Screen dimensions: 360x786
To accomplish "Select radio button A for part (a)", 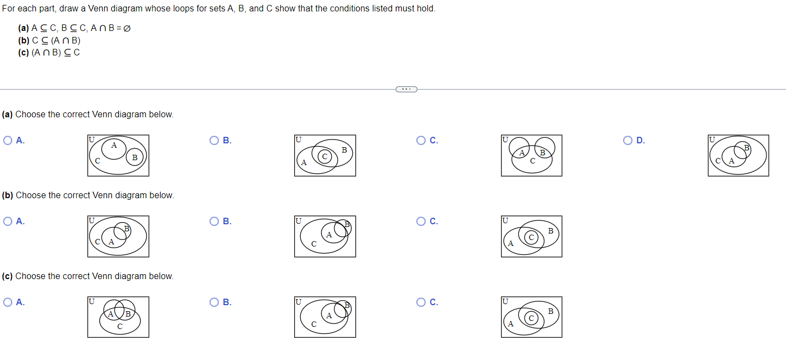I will point(8,140).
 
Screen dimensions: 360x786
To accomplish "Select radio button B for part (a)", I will point(214,140).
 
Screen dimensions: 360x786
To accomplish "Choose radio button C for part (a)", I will point(421,140).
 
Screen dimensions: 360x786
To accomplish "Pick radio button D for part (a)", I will point(628,140).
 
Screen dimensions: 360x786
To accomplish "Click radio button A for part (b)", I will point(8,221).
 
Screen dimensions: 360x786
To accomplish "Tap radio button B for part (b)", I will point(214,221).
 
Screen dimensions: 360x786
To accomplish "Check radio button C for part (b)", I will point(421,221).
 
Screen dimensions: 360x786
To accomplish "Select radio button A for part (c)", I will point(8,302).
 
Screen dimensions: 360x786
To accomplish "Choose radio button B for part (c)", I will point(214,302).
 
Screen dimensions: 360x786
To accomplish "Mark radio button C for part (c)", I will point(421,302).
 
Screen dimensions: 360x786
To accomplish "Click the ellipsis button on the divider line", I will point(406,89).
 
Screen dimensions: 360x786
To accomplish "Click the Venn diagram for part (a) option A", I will point(118,155).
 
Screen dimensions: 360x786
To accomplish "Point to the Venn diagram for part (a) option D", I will point(738,155).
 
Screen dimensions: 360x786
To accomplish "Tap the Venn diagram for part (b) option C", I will point(531,236).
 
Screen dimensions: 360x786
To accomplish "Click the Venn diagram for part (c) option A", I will point(118,317).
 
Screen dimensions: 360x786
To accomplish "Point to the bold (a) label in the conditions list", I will point(23,28).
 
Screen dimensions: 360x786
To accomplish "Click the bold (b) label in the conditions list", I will point(23,40).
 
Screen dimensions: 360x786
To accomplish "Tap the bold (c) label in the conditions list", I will point(23,52).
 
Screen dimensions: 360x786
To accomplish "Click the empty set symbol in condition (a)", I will point(126,28).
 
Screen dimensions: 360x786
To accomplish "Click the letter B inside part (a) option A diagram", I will point(135,157).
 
